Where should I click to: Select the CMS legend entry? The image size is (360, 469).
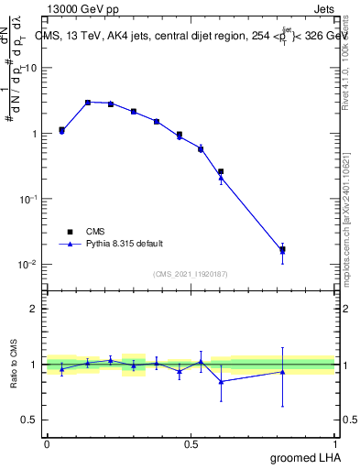pos(83,232)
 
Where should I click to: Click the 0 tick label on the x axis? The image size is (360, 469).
pos(47,443)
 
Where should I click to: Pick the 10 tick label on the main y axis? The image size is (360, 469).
pos(32,68)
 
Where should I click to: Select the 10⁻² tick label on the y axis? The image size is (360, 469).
pos(29,264)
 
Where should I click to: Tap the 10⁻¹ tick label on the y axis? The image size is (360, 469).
pos(29,199)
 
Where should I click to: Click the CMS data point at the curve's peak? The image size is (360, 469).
pos(88,103)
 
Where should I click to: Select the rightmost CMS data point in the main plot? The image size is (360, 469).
pos(282,249)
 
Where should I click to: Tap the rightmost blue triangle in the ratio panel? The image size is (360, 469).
pos(282,371)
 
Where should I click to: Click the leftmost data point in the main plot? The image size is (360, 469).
pos(61,130)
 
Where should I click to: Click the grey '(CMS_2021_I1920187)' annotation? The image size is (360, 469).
pos(190,273)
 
